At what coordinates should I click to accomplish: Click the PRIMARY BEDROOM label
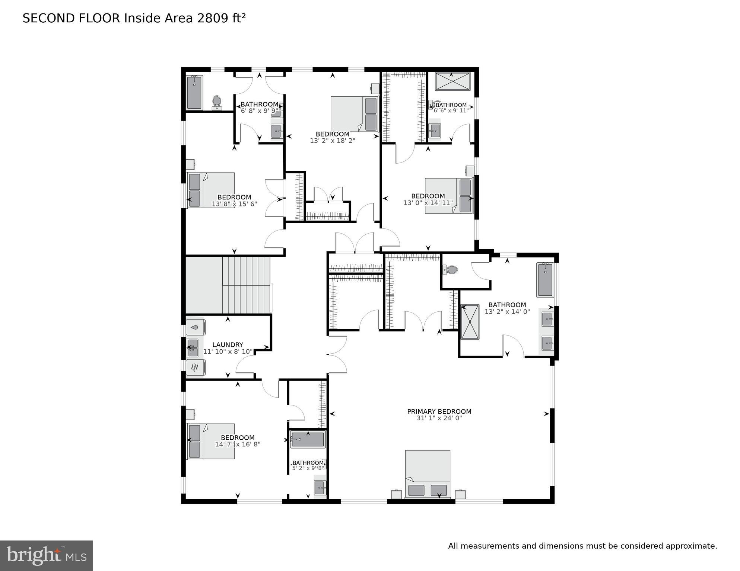(x=439, y=411)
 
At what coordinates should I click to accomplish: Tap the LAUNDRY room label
(x=228, y=345)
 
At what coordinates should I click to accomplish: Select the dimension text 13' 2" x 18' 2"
(x=332, y=141)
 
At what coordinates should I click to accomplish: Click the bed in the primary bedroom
(x=428, y=474)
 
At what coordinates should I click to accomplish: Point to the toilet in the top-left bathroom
(x=217, y=102)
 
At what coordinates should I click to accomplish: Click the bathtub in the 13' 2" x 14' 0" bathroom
(x=545, y=280)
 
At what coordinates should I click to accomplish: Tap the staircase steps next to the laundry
(x=246, y=285)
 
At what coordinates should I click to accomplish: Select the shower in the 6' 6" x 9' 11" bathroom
(x=452, y=81)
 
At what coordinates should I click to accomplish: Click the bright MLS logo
(x=46, y=556)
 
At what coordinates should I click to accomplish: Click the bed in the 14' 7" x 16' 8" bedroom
(x=210, y=441)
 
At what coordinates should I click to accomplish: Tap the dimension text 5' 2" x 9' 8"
(x=308, y=468)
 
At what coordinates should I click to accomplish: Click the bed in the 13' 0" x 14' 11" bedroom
(x=449, y=196)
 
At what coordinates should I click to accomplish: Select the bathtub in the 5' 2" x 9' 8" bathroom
(x=308, y=440)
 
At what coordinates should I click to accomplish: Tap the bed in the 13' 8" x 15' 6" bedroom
(x=210, y=190)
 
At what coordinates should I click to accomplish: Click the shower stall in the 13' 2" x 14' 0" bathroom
(x=470, y=322)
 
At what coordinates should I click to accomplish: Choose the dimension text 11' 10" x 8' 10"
(x=228, y=352)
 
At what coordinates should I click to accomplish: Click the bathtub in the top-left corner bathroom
(x=194, y=93)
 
